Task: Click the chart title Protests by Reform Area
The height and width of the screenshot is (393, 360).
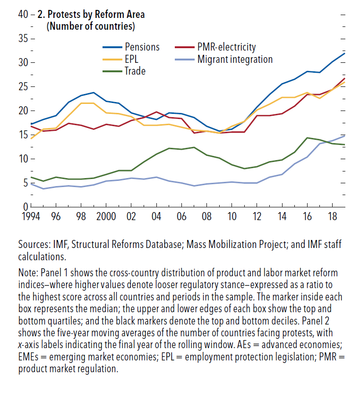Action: click(94, 15)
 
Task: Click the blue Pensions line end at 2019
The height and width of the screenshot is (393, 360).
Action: click(344, 53)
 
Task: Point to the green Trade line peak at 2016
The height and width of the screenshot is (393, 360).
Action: click(308, 138)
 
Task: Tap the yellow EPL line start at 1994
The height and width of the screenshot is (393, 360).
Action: click(31, 138)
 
